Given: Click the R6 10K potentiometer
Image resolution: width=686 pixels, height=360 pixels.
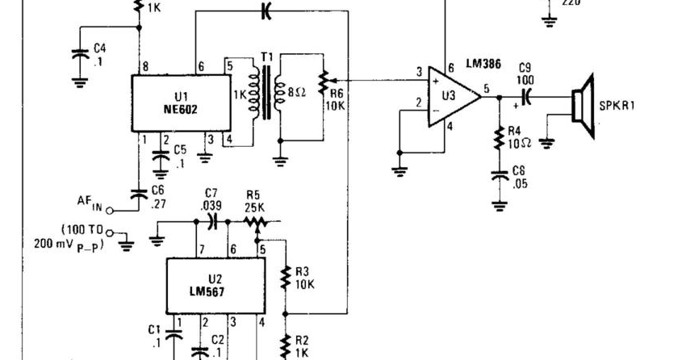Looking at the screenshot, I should tap(323, 81).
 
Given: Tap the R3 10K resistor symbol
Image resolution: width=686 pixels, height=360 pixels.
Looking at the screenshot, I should tap(284, 278).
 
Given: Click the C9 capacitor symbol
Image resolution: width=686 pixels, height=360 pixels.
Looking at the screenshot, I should tap(526, 96).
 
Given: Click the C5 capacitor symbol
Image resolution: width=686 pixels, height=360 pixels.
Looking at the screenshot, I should tap(161, 162).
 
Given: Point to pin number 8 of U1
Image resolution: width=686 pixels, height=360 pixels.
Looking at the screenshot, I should tap(145, 66).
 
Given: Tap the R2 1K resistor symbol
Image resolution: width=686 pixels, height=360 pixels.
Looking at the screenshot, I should tap(284, 345).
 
